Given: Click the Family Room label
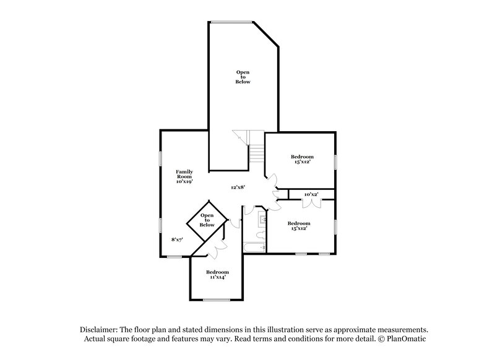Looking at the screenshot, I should click(x=184, y=177).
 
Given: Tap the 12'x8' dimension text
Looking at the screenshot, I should click(x=238, y=187).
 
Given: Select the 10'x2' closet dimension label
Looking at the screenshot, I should click(x=311, y=195).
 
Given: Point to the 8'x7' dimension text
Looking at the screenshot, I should click(x=177, y=239).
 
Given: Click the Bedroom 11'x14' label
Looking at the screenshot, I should click(x=217, y=275).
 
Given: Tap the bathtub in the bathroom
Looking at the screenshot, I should click(x=254, y=247).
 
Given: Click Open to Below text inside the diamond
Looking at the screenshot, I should click(x=207, y=220).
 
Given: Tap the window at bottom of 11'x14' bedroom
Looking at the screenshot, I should click(x=217, y=300).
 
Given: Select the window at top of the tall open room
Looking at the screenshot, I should click(x=231, y=22).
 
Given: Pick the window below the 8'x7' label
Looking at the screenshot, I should click(x=174, y=255).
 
